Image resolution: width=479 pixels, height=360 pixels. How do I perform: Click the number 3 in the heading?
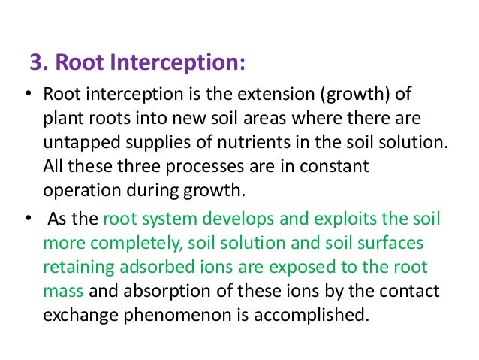click(34, 61)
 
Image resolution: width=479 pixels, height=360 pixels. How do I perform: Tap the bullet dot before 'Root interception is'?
click(27, 97)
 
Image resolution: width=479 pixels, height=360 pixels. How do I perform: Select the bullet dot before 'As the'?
click(27, 221)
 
